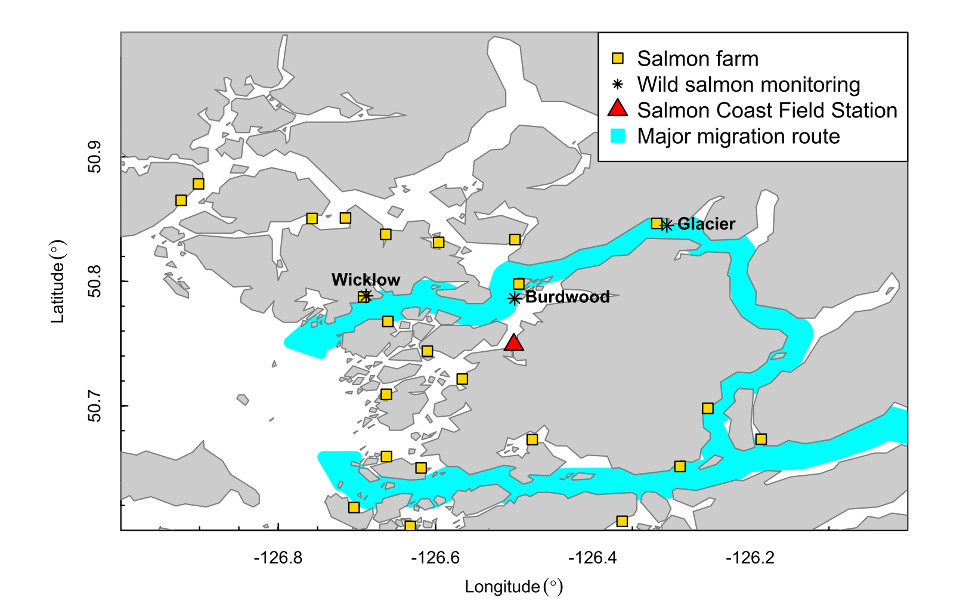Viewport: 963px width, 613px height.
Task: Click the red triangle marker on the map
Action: pos(513,343)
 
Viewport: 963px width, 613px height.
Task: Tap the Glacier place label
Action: pos(706,224)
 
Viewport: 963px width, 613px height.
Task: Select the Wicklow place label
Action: pos(366,280)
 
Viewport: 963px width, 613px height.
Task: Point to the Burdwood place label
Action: pos(567,297)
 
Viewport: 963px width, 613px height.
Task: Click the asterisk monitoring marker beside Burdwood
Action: pos(515,298)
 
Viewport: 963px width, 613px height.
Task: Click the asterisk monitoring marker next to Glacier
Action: pos(667,225)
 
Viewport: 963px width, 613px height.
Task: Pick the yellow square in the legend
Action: pos(618,58)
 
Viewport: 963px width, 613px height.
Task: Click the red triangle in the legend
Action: pos(618,109)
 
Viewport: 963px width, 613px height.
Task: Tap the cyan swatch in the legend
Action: pos(618,136)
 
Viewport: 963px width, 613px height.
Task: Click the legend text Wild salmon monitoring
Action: pos(748,85)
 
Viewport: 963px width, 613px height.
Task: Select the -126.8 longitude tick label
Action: pos(278,558)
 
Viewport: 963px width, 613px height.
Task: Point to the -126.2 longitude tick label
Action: pos(750,558)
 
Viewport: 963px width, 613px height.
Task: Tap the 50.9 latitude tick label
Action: pos(94,157)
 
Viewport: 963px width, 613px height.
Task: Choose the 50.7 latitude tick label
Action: pos(94,405)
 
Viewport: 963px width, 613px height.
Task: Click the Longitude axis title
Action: pos(513,587)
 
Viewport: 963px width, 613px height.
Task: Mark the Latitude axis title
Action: pos(58,281)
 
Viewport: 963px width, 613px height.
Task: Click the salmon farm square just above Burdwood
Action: pos(519,284)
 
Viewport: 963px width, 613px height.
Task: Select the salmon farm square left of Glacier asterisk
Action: pos(657,224)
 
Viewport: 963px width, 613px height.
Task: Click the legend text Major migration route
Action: pos(738,137)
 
